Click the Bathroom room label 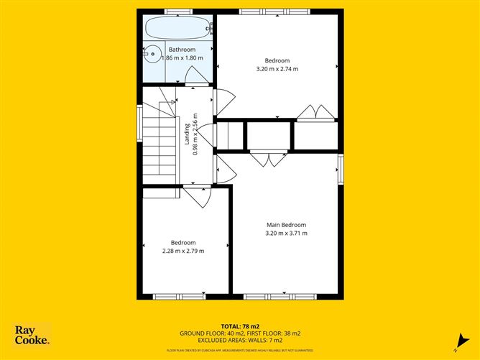(x=182, y=50)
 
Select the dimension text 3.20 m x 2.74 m (x=277, y=69)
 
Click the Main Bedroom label (x=286, y=224)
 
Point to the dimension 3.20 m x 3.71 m (x=286, y=233)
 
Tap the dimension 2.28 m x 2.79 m (x=183, y=251)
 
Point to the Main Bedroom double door (x=269, y=157)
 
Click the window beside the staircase (x=139, y=119)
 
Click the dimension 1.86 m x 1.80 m (x=182, y=58)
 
